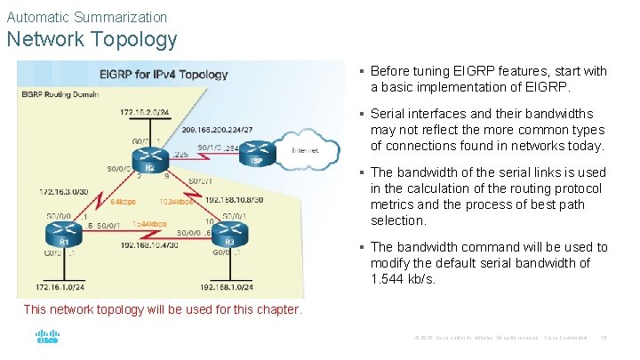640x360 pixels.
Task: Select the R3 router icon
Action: [229, 233]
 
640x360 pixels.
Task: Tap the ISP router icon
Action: [256, 152]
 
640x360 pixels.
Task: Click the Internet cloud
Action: [311, 150]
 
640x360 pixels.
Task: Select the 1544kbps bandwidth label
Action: [148, 223]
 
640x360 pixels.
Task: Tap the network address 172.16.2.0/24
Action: [145, 112]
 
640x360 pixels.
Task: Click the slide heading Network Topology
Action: [92, 40]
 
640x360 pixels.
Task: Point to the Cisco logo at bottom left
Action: [47, 338]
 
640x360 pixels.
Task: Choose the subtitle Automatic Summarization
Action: [86, 17]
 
